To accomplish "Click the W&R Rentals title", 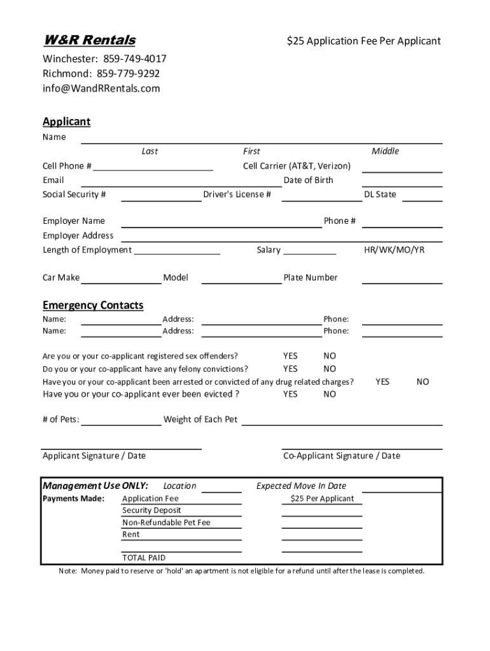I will [x=89, y=41].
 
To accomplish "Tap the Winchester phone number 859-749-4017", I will [x=132, y=59].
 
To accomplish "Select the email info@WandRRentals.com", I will [x=101, y=88].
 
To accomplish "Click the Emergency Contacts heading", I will [x=93, y=306].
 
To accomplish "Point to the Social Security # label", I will [x=74, y=195].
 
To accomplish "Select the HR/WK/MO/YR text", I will [x=394, y=250].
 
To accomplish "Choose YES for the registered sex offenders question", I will [x=290, y=356].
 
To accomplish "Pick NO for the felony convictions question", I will [x=330, y=369].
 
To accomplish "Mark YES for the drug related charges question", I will [x=382, y=381].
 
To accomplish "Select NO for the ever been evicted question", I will [x=330, y=394].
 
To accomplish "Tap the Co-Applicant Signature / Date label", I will [x=342, y=456].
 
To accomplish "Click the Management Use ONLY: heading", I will [x=95, y=486].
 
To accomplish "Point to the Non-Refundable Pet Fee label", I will [x=166, y=523].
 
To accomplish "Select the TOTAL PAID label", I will [x=144, y=558].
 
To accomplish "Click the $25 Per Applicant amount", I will [x=322, y=498].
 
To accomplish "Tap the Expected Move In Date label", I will [x=301, y=486].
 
